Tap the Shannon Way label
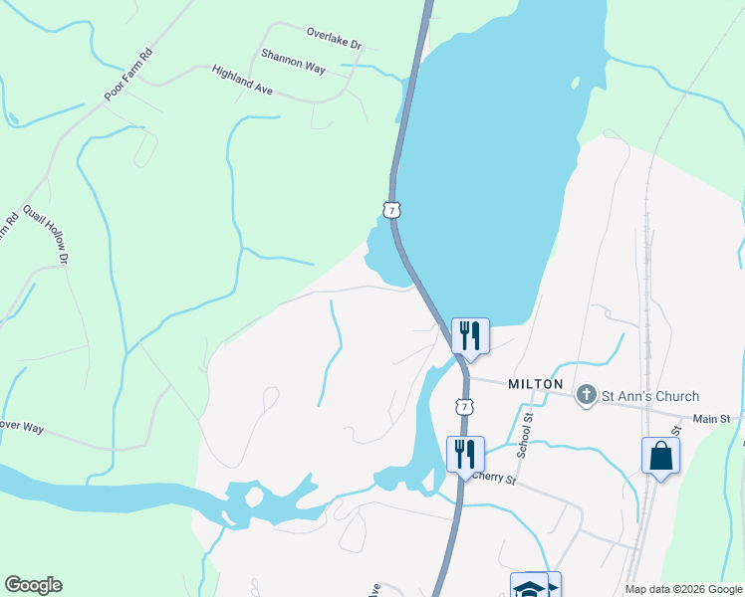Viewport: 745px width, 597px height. [x=293, y=61]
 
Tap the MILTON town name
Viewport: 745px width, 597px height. [x=536, y=383]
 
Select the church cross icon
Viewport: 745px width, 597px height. [x=587, y=396]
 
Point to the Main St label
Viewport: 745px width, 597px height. [x=711, y=420]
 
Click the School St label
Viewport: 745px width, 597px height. [x=526, y=435]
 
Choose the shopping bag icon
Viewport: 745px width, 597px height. [x=660, y=457]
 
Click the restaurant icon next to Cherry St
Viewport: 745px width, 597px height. [x=465, y=454]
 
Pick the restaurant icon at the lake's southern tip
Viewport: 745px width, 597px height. [x=470, y=334]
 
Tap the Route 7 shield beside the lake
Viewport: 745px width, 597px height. [x=392, y=210]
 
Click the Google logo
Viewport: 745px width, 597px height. [x=33, y=585]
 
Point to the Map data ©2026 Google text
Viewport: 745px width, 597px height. [x=682, y=589]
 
